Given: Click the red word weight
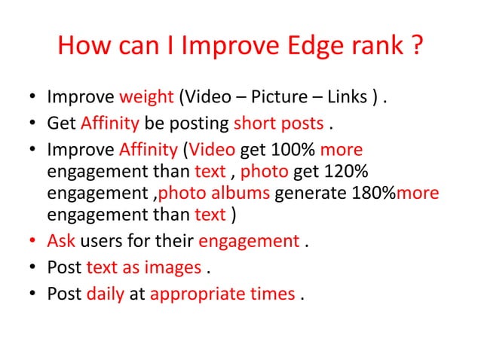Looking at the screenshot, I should click(146, 98).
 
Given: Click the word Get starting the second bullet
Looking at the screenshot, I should click(61, 123).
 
